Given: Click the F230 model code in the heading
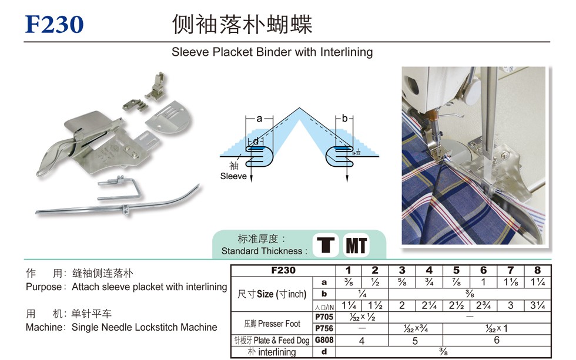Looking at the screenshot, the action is click(x=54, y=24).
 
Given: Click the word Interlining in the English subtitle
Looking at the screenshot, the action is click(x=346, y=52).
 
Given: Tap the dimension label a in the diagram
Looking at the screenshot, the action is click(x=259, y=119).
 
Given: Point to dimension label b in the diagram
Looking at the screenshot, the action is click(x=344, y=118).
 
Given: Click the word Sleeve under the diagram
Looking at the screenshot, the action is click(x=233, y=176).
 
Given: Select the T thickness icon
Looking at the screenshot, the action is click(x=326, y=245).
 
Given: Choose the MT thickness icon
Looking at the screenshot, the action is click(x=356, y=245).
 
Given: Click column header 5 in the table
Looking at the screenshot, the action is click(x=456, y=271).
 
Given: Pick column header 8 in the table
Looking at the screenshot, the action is click(x=537, y=271).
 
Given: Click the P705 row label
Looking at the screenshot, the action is click(x=324, y=317).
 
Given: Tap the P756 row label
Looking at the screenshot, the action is click(x=324, y=328).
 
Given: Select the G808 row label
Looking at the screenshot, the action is click(x=324, y=340).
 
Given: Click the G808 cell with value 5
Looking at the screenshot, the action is click(x=415, y=341).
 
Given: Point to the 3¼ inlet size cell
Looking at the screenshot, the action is click(x=537, y=306).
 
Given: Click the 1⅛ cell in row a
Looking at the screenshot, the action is click(x=511, y=282).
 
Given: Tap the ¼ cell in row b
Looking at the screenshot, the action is click(x=362, y=294).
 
